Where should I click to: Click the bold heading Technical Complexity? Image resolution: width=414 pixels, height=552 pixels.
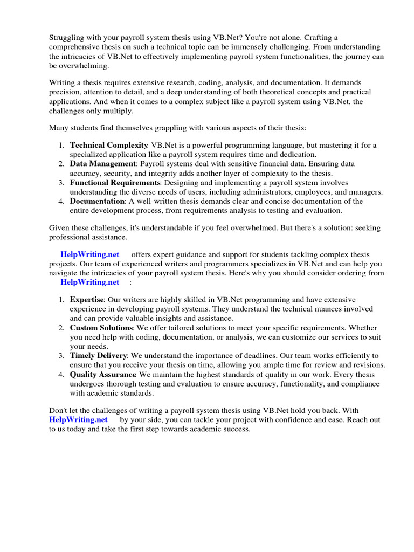(109, 146)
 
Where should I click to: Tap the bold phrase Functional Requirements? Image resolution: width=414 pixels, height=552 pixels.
(115, 183)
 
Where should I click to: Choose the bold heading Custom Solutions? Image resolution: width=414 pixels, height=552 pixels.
(101, 328)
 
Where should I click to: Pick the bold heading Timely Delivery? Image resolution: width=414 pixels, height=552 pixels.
(98, 356)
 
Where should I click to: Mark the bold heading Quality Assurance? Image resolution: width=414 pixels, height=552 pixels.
(103, 375)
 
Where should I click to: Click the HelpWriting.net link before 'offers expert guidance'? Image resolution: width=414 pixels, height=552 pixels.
(89, 254)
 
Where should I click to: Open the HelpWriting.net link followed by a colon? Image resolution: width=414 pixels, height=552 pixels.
(89, 282)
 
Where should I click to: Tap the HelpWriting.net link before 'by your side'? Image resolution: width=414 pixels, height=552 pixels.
(78, 419)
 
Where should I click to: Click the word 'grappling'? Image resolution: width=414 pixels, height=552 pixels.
(168, 127)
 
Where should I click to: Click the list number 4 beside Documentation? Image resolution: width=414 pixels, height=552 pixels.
(61, 201)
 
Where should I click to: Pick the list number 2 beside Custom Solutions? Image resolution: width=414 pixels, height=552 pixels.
(61, 328)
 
